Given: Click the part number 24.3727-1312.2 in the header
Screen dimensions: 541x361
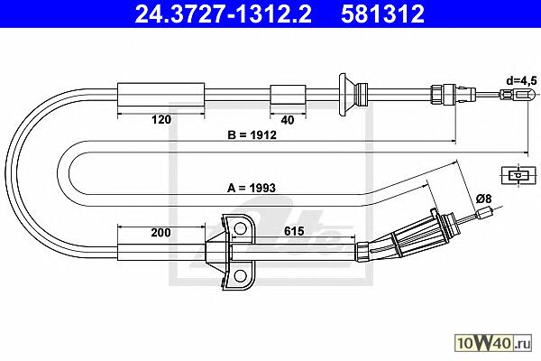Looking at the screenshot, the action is point(224,14).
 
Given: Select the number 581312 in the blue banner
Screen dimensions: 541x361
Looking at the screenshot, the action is point(382,14).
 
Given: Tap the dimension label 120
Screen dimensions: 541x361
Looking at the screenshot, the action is point(161,119).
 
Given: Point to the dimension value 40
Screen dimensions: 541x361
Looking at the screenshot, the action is point(288,120).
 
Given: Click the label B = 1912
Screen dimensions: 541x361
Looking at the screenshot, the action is point(252,134).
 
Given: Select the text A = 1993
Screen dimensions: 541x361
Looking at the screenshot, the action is point(252,188).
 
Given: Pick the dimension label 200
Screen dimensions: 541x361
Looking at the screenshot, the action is point(160,233).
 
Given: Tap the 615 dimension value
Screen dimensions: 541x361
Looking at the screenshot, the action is point(294,231).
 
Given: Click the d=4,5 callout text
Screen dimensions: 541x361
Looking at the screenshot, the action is point(522,81).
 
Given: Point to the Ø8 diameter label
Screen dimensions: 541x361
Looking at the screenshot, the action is point(483,199).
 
